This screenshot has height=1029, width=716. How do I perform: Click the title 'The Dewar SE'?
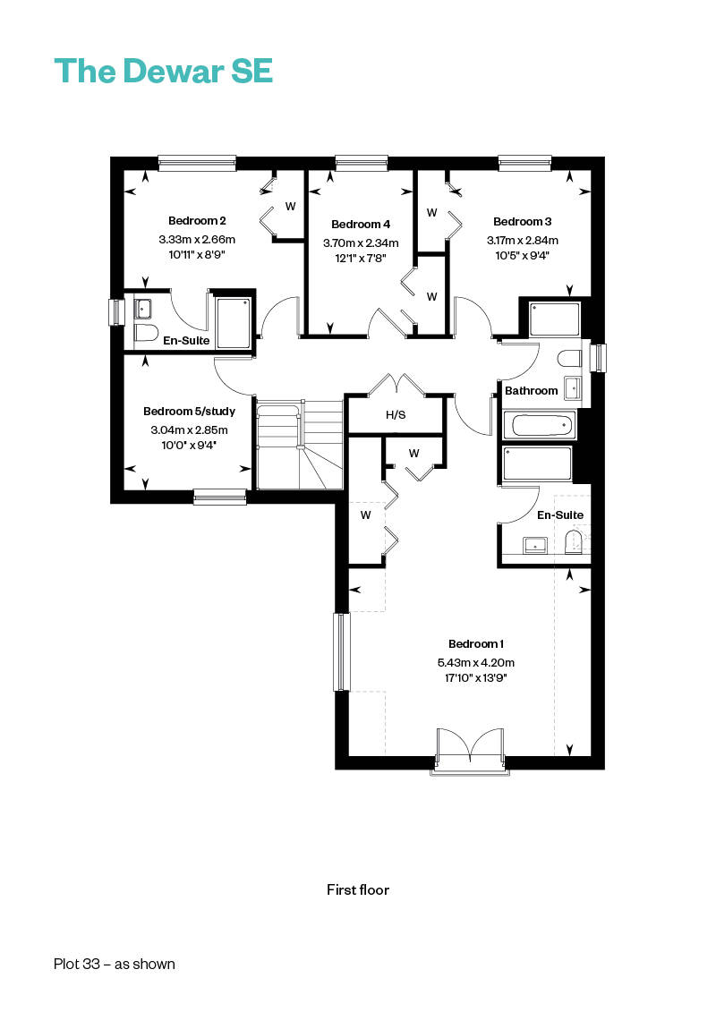[164, 71]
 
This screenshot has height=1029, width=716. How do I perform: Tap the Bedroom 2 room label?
[197, 220]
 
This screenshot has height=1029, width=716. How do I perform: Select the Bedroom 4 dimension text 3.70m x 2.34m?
[361, 242]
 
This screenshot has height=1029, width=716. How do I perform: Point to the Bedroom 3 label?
[523, 221]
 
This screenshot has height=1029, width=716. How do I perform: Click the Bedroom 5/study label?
[189, 412]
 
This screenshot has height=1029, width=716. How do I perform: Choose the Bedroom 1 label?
[476, 643]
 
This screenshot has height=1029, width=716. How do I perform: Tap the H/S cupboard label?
[396, 415]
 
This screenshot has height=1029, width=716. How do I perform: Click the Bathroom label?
[531, 390]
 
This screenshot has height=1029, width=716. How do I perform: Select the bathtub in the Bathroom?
[539, 425]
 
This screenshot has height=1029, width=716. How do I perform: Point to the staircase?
[299, 445]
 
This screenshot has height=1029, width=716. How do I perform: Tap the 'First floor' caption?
[358, 890]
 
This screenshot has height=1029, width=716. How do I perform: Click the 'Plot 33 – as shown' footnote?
[115, 964]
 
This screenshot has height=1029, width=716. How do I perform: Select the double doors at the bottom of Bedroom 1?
[471, 750]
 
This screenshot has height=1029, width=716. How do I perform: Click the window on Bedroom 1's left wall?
[341, 651]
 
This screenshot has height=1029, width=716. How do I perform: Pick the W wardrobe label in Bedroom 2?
[290, 206]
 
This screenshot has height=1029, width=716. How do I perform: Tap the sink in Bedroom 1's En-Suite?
[535, 545]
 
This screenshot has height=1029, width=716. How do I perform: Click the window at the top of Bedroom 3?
[524, 162]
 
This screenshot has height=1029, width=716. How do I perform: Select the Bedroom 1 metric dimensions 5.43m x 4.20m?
[476, 663]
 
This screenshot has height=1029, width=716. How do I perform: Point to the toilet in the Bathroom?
[569, 358]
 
